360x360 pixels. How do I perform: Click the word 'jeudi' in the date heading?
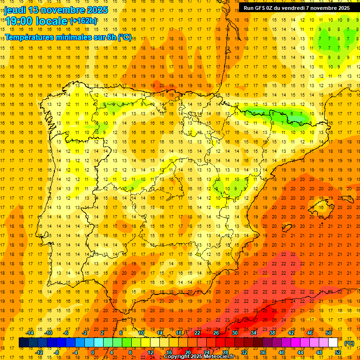15,10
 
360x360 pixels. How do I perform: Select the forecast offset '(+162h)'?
83,21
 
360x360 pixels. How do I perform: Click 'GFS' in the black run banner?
261,8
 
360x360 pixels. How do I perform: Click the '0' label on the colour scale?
93,352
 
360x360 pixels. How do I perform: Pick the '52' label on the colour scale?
338,352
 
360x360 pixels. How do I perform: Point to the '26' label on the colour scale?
216,333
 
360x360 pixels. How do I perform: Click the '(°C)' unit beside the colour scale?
349,343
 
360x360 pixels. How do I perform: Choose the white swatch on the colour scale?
333,343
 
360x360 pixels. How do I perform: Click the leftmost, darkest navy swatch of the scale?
23,343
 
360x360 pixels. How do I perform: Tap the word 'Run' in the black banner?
248,8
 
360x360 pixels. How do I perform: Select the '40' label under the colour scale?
282,352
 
